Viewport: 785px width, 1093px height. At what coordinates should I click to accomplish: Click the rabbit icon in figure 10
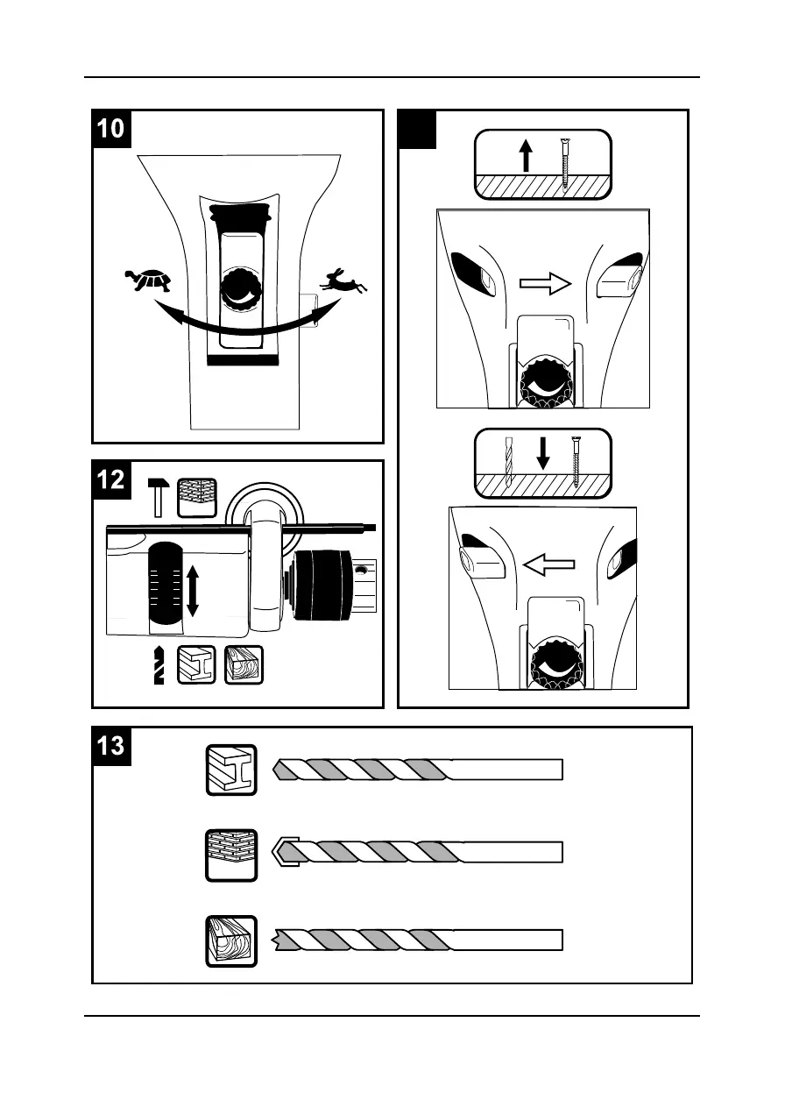(x=343, y=280)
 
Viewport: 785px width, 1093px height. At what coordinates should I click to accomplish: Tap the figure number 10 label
(x=111, y=129)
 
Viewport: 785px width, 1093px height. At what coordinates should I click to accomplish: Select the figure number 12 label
(x=111, y=479)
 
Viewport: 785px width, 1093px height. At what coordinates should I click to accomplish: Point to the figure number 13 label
(x=111, y=747)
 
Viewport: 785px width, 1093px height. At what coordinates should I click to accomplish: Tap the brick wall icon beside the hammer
(x=195, y=497)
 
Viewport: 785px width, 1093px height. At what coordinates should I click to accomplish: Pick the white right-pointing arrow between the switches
(x=544, y=283)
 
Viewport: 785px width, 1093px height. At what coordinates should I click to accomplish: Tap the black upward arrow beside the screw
(x=526, y=157)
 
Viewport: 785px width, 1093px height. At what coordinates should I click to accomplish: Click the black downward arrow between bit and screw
(x=542, y=453)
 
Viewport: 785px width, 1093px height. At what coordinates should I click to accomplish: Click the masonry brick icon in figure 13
(x=232, y=854)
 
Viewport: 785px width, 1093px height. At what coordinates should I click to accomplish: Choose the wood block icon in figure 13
(x=232, y=940)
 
